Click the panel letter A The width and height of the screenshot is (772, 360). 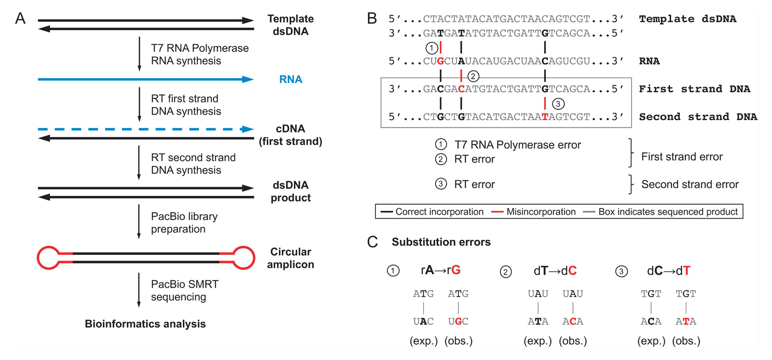(x=20, y=19)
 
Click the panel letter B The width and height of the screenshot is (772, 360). (x=372, y=19)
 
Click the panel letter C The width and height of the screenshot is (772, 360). (x=372, y=242)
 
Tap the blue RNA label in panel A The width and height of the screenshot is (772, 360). (x=290, y=79)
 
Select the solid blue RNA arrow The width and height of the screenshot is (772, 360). (x=145, y=79)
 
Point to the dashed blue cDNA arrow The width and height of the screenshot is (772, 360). (x=145, y=129)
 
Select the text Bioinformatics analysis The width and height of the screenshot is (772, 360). (x=145, y=324)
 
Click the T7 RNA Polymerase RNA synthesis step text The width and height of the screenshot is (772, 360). (x=199, y=55)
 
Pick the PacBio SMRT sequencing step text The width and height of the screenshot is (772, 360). (x=184, y=291)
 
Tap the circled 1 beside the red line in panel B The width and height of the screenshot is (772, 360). (x=431, y=48)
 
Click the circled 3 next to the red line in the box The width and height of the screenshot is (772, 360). (x=558, y=104)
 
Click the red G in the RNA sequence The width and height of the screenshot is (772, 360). (x=440, y=61)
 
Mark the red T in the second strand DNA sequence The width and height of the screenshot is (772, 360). (x=545, y=117)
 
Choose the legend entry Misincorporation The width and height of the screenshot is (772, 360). (x=540, y=212)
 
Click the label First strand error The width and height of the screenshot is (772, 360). (x=681, y=157)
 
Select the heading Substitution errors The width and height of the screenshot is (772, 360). (x=441, y=242)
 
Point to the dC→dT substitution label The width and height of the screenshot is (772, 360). (x=668, y=271)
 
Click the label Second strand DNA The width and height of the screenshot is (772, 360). (x=698, y=117)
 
